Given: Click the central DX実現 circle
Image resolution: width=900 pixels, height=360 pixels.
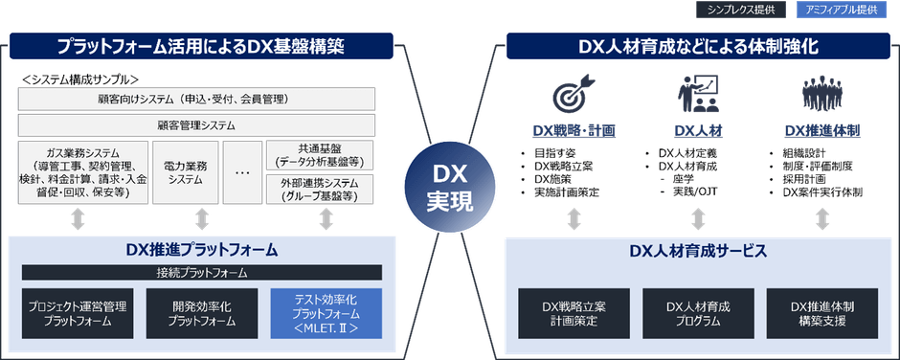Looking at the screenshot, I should click(x=448, y=181).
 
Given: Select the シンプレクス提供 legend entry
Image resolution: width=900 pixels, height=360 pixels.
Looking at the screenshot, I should click(x=740, y=11).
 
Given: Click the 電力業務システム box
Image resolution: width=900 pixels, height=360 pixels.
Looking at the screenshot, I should click(x=186, y=170).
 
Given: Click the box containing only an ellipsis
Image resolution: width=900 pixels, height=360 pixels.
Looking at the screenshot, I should click(x=242, y=170).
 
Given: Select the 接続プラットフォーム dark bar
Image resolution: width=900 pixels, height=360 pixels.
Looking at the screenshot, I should click(x=201, y=273).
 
